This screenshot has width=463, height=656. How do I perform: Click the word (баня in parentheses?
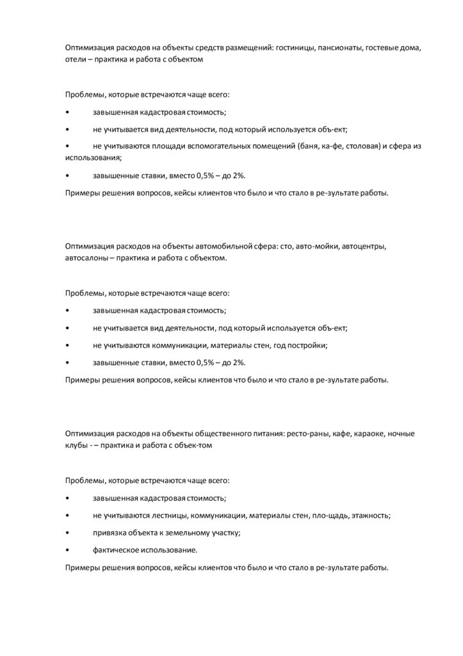tap(310, 146)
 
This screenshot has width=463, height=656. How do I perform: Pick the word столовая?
tap(364, 146)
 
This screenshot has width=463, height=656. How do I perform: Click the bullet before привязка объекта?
tap(67, 533)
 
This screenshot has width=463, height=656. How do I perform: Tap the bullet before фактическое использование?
tap(67, 550)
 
